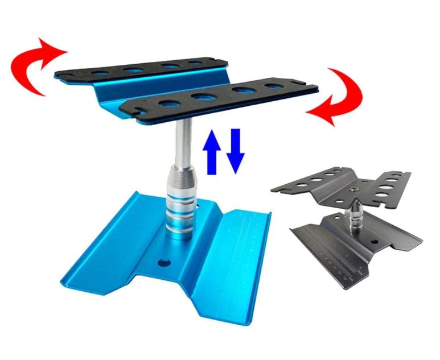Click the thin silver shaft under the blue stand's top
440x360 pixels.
(180, 142)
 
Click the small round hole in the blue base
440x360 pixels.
(165, 263)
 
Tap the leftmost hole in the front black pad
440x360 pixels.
(169, 104)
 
